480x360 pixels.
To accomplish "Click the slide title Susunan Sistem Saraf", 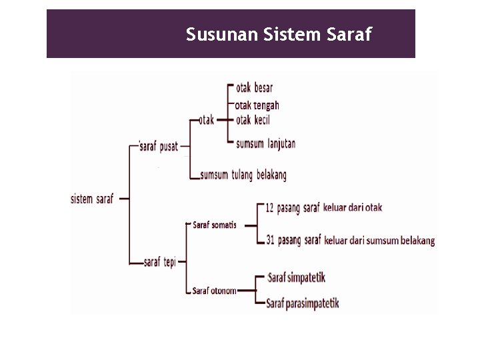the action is (279, 34).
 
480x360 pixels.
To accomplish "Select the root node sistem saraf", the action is (93, 199).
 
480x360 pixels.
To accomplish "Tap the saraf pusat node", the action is (159, 147).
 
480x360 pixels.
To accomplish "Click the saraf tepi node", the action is (160, 262).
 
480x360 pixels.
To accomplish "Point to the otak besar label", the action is (254, 87).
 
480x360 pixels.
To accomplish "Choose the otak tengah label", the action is (257, 105).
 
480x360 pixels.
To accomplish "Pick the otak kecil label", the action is (253, 121).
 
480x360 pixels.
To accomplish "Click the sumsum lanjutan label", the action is (265, 143).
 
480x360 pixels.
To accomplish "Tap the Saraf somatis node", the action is (214, 225).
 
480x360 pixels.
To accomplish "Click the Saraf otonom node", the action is (214, 290).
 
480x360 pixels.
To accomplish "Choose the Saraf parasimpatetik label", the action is (303, 303).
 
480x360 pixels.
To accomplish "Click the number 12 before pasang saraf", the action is (269, 207).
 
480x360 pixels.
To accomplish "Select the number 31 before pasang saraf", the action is (269, 239).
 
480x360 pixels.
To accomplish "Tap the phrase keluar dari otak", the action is (353, 207).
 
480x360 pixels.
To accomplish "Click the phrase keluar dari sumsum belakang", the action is (379, 240).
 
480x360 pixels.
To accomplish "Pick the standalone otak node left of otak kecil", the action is (206, 121).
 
